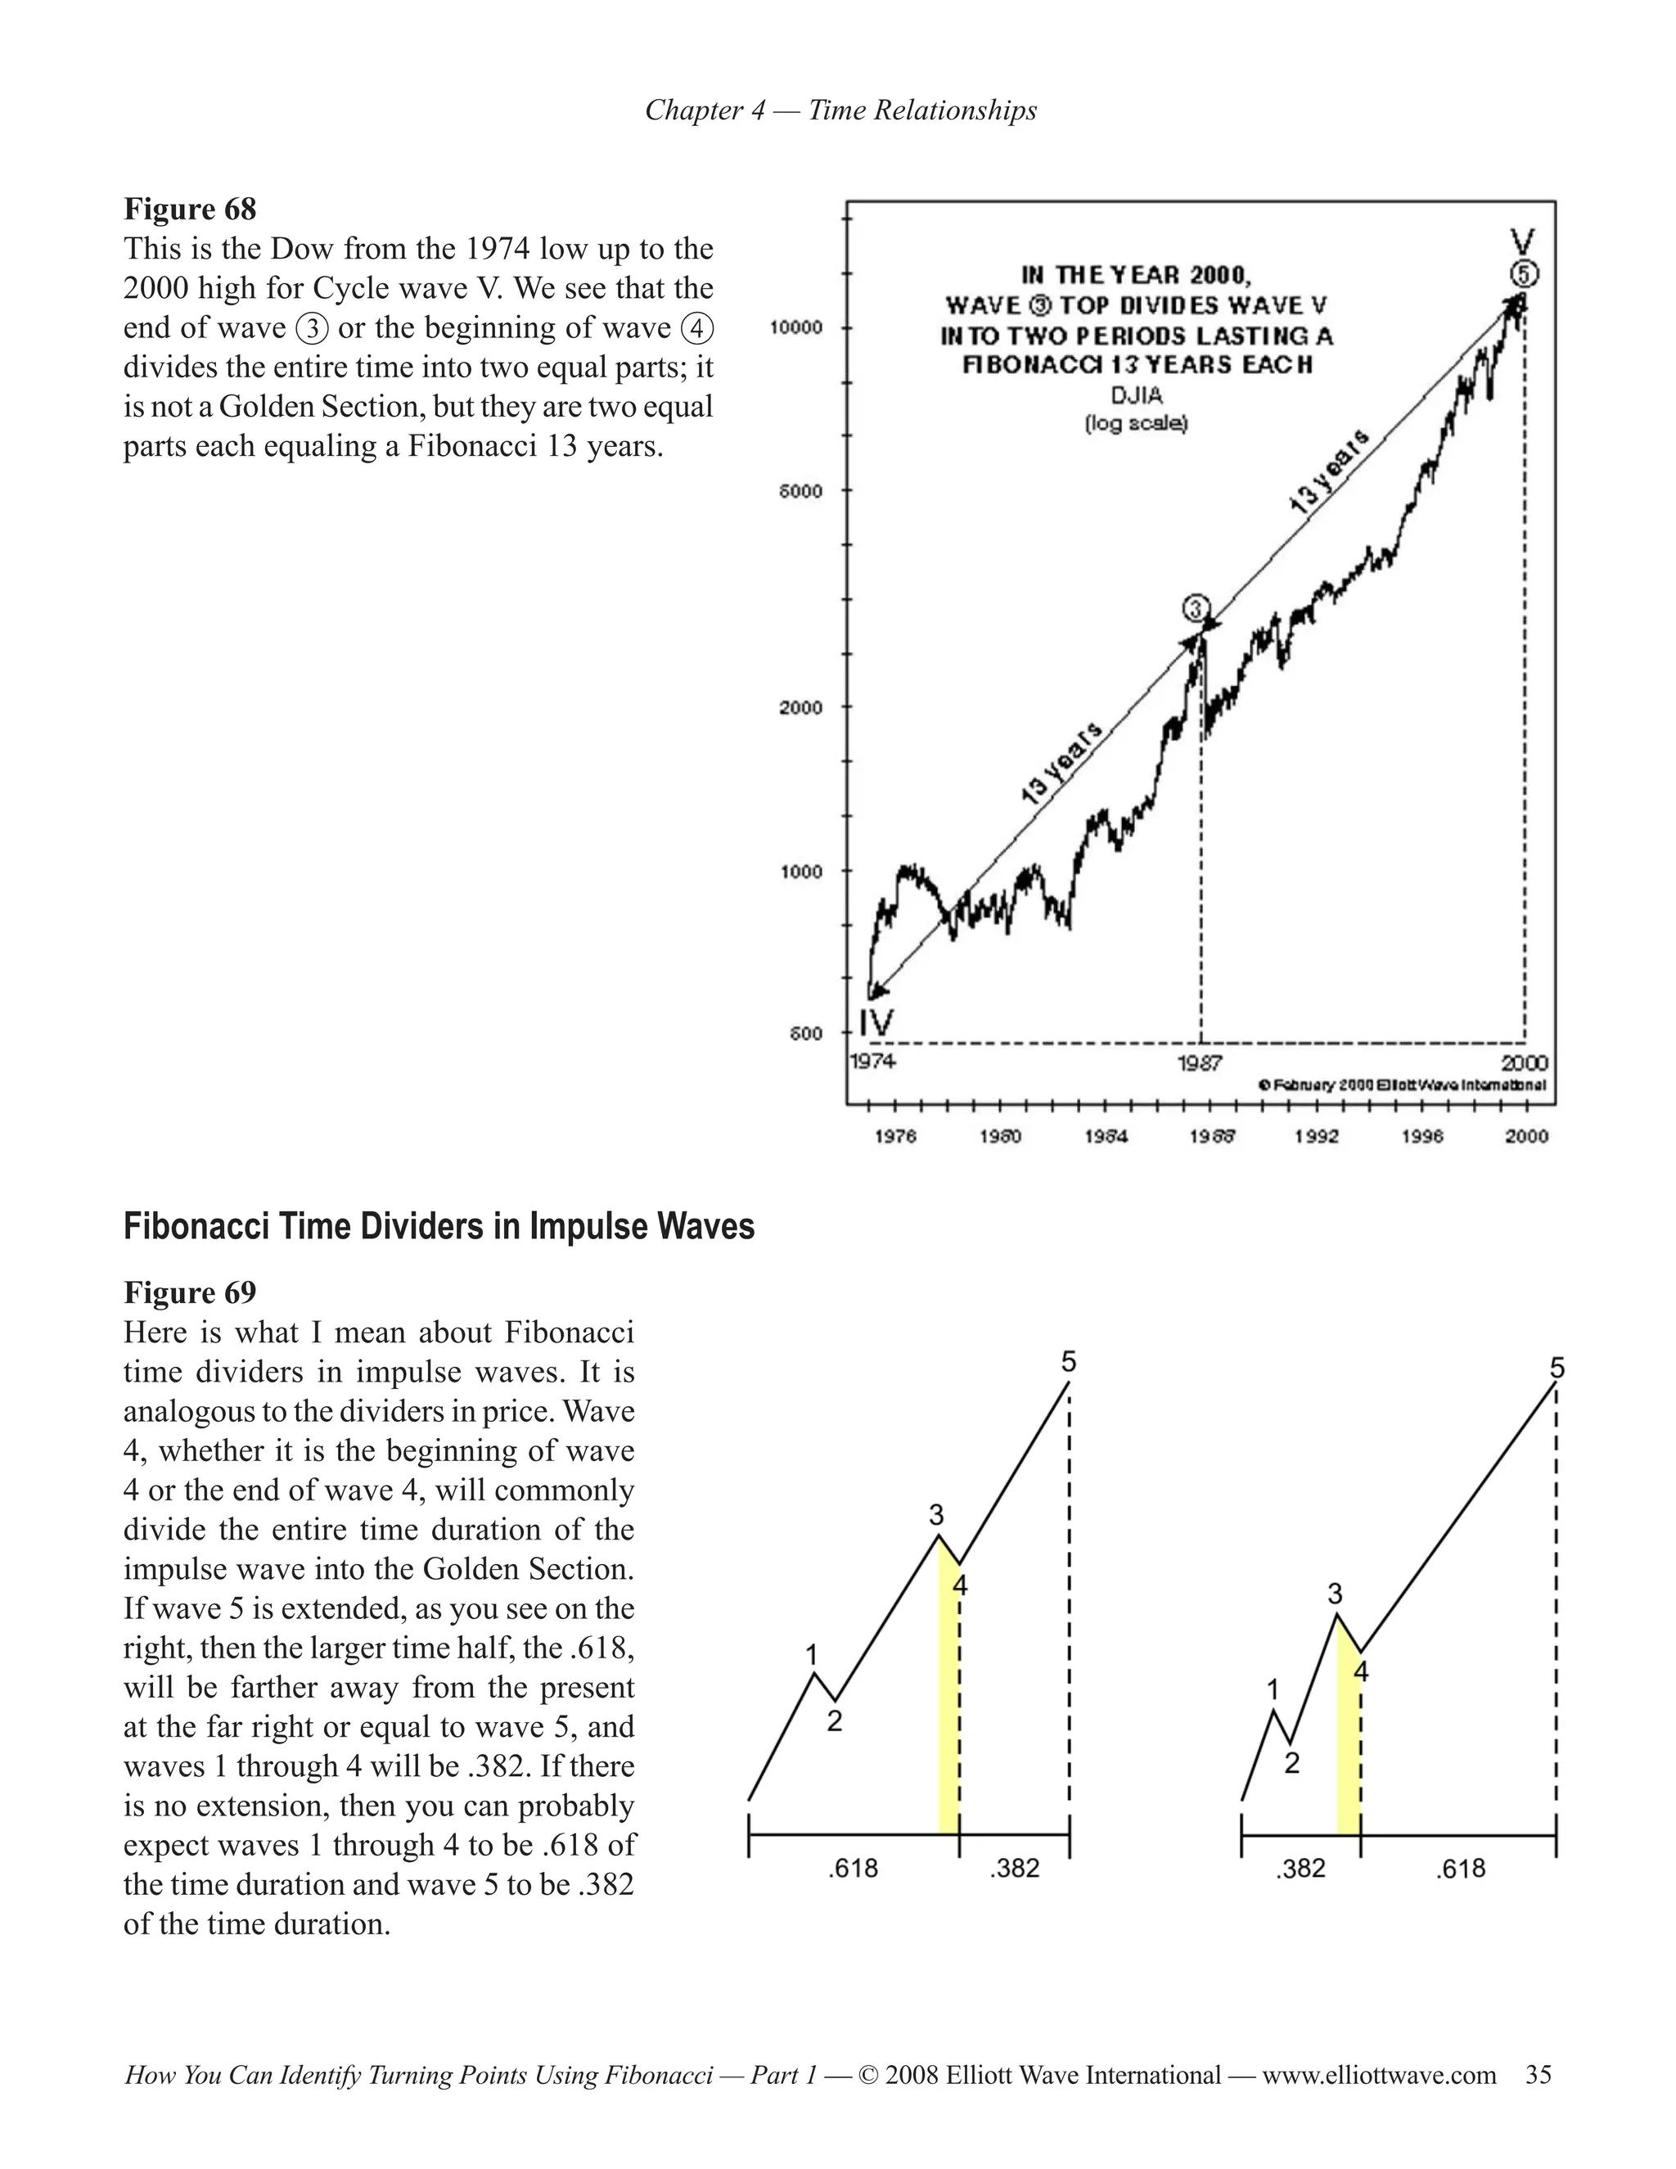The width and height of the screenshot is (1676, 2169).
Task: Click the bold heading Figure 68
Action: coord(190,210)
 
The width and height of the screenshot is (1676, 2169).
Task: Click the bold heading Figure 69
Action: coord(190,1292)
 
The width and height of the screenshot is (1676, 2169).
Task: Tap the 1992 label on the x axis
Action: coord(1316,1136)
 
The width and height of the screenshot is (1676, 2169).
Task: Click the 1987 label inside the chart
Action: coord(1200,1062)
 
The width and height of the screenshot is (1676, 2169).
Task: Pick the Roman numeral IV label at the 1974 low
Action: coord(876,1024)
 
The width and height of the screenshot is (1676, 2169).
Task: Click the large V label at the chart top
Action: coord(1523,241)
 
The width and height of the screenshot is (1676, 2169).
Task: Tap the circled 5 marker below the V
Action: coord(1525,273)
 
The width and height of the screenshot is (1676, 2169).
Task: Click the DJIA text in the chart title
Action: coord(1136,395)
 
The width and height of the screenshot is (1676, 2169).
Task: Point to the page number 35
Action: coord(1538,2075)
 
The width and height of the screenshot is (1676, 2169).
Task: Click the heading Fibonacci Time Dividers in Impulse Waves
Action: coord(439,1227)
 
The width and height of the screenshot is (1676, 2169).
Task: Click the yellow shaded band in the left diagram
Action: coord(948,1718)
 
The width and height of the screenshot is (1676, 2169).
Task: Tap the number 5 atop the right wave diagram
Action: coord(1557,1369)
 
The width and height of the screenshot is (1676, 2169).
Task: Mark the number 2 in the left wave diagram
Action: coord(834,1721)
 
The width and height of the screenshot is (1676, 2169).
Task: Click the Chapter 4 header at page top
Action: coord(840,110)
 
